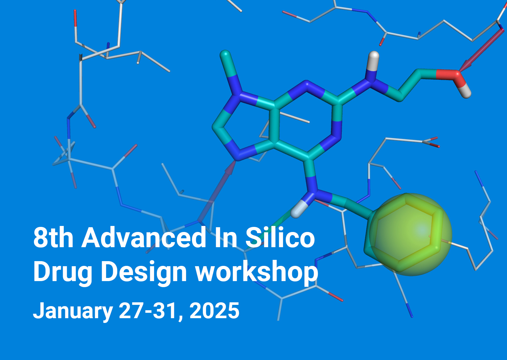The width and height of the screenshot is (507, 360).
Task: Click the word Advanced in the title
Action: pos(144,238)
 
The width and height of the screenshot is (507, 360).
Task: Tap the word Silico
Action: pos(280,238)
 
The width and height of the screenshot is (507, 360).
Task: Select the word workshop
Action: pos(257,272)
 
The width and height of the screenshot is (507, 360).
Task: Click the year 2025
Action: pos(215,311)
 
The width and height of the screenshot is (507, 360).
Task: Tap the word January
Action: pos(73,311)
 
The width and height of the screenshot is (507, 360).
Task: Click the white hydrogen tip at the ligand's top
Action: pos(374,57)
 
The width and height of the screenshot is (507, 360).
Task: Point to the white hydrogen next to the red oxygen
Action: pos(465,93)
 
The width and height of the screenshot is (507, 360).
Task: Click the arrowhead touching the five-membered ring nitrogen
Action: pos(231,168)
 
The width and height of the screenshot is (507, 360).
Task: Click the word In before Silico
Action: pos(225,238)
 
